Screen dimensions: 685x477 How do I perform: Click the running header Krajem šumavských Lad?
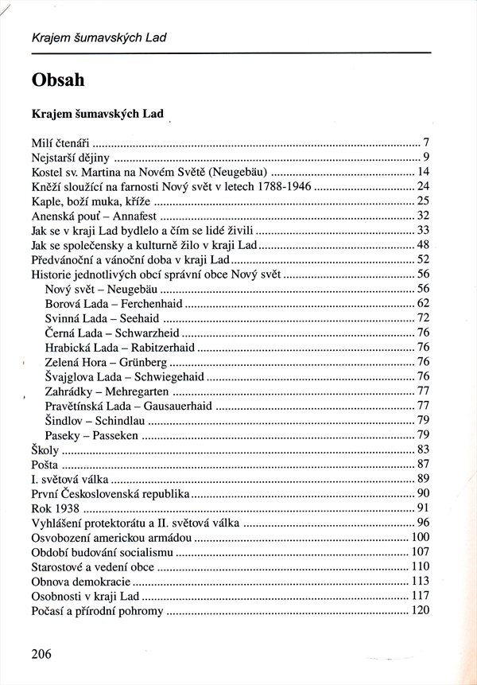pos(99,37)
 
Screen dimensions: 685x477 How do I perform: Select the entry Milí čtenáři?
pos(60,143)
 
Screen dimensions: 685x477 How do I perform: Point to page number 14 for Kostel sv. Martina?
pos(423,172)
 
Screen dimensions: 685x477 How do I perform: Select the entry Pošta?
pos(45,465)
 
